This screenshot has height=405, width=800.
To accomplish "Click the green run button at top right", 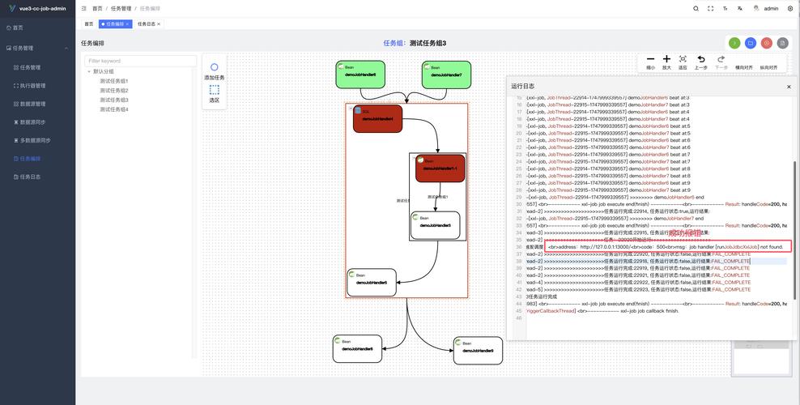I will [x=734, y=43].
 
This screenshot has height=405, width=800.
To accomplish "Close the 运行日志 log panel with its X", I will [x=789, y=86].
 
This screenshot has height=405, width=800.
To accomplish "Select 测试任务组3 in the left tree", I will [x=114, y=100].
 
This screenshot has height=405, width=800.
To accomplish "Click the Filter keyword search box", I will [x=141, y=61].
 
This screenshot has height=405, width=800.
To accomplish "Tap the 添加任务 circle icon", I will [x=214, y=67].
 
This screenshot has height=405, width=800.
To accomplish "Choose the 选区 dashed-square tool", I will [x=214, y=90].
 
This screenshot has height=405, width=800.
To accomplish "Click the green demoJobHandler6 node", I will [x=360, y=74].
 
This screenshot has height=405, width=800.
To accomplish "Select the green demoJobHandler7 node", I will [x=446, y=75].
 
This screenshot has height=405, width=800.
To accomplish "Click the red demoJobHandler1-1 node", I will [x=440, y=168].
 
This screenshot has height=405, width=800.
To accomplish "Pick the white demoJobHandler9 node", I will [x=478, y=350].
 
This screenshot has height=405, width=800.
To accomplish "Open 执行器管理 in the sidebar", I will [x=32, y=85].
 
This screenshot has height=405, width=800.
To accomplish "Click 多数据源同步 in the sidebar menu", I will [x=35, y=140].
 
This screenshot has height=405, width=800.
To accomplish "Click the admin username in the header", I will [x=770, y=8].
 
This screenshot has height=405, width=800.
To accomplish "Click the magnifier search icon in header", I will [x=696, y=8].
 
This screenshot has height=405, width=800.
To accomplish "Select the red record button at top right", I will [x=767, y=43].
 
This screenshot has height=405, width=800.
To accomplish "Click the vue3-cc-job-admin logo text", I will [x=43, y=8].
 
